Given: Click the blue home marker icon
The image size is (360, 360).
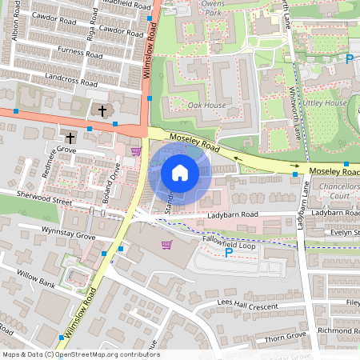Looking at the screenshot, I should click(x=180, y=173).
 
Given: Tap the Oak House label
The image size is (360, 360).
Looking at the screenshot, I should click(x=206, y=106).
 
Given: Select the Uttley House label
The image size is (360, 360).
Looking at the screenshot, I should click(x=324, y=103).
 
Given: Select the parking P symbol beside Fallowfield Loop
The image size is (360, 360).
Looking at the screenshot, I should click(x=229, y=253).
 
